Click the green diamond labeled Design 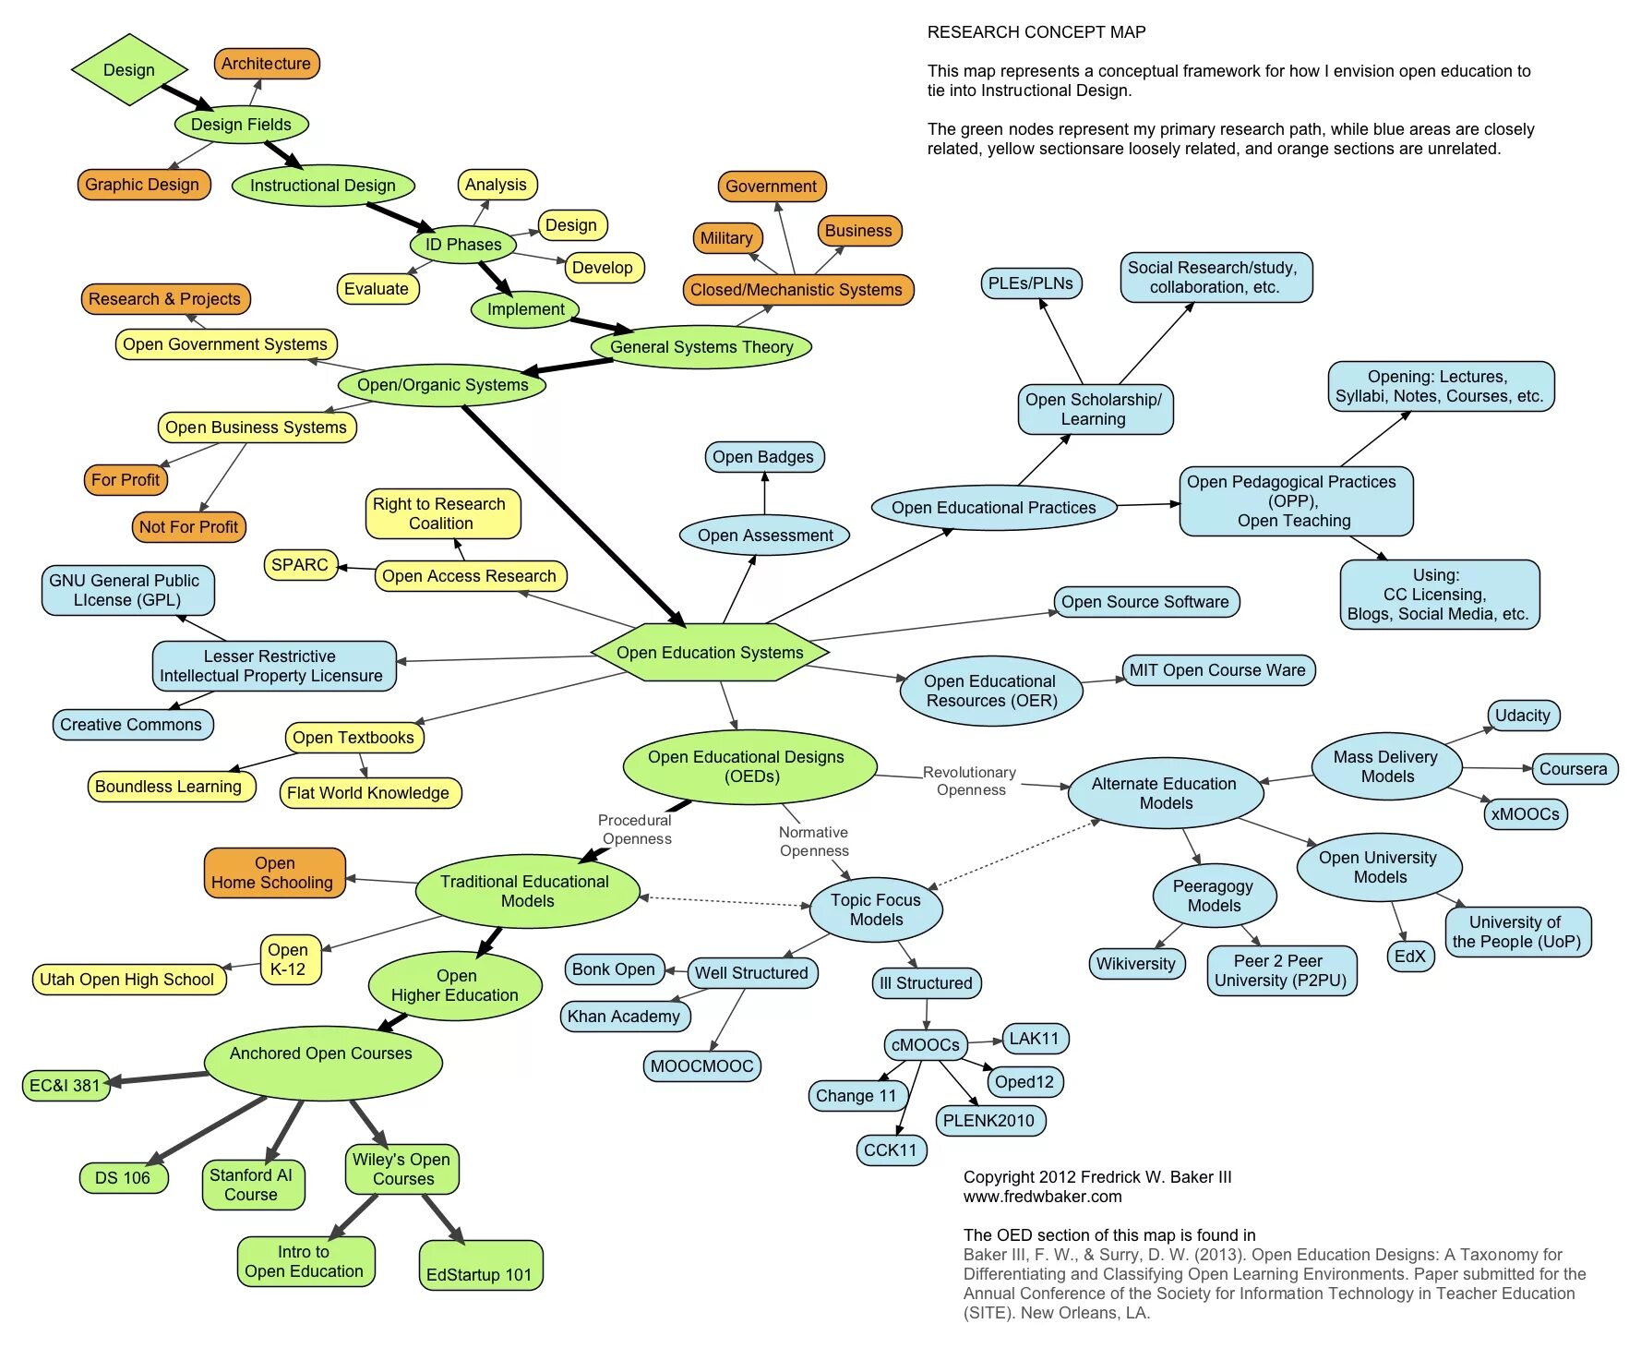129,70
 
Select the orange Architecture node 266,64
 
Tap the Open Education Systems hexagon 710,653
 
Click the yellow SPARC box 300,565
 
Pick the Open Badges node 763,457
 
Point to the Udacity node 1523,716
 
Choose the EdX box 1409,957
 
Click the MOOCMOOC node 701,1066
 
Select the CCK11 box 891,1150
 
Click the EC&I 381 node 65,1086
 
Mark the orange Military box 726,238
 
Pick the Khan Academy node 624,1017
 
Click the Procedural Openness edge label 635,829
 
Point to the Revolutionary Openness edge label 970,781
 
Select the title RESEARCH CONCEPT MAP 1036,32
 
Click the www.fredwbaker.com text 1043,1197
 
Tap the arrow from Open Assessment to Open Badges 764,494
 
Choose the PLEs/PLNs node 1031,283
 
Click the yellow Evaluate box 377,289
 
